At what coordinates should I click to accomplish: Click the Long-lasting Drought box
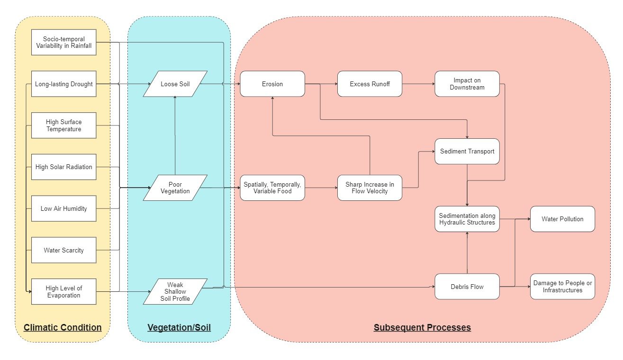(x=64, y=84)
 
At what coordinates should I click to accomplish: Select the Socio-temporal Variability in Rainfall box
(x=64, y=42)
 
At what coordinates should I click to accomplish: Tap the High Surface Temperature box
(x=64, y=126)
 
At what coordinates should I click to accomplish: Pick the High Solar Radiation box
(x=64, y=167)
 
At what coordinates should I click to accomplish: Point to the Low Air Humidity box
(x=64, y=208)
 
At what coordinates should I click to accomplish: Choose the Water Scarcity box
(x=64, y=250)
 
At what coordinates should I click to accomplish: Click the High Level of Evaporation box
(x=64, y=291)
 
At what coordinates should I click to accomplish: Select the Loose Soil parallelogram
(x=175, y=84)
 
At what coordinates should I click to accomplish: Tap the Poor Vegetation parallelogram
(x=175, y=188)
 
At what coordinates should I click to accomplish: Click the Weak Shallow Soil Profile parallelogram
(x=175, y=291)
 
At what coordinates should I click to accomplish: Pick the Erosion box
(x=272, y=84)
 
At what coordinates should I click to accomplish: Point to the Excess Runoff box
(x=370, y=84)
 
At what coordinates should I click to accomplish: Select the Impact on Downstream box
(x=467, y=84)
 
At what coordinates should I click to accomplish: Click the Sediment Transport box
(x=467, y=152)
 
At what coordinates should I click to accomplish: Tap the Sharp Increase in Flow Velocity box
(x=370, y=188)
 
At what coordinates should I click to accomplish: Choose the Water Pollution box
(x=562, y=219)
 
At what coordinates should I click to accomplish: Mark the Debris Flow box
(x=467, y=287)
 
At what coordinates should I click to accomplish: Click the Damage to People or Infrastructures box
(x=562, y=287)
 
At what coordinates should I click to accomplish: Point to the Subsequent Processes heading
(x=422, y=327)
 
